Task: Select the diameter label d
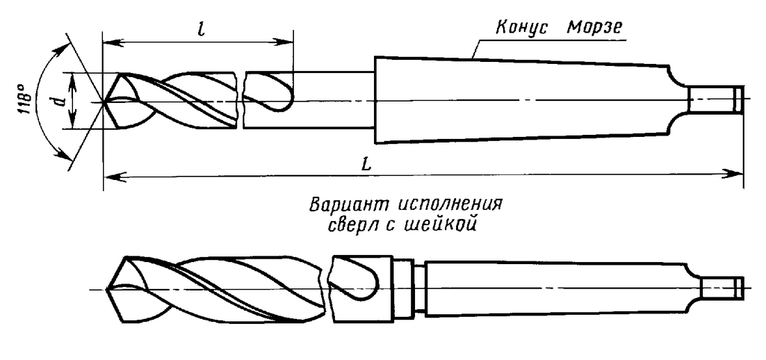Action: [x=60, y=101]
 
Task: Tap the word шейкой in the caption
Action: [x=441, y=227]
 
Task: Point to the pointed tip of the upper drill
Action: [x=104, y=103]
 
